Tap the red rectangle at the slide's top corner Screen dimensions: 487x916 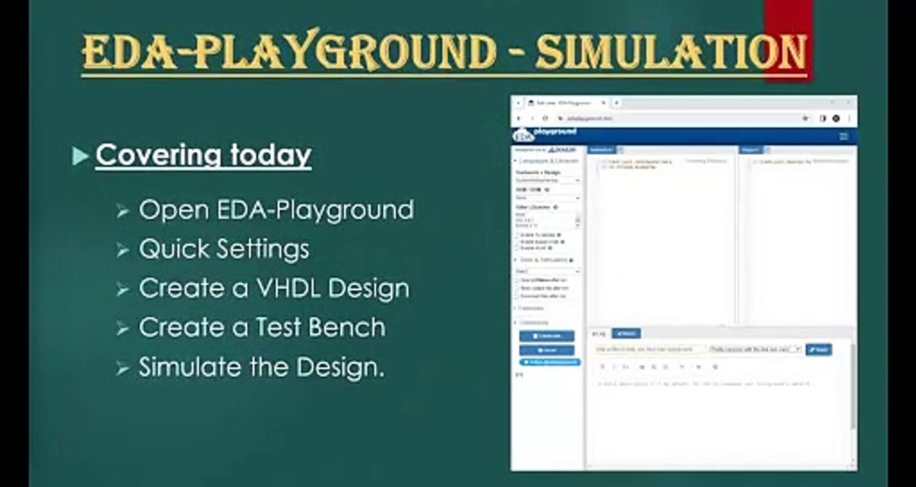788,20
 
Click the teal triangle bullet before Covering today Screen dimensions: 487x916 80,156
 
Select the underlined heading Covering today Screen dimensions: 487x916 203,155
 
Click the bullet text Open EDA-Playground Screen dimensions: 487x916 276,210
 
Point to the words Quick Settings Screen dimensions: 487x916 224,249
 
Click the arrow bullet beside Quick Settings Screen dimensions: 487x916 122,250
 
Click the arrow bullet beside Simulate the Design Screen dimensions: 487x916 122,368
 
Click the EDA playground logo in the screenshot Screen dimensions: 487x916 545,133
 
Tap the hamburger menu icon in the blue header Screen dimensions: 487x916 843,136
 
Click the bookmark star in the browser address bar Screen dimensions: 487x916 805,118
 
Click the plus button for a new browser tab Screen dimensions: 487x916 617,103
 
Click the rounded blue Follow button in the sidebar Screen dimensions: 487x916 550,362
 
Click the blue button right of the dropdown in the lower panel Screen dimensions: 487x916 819,350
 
